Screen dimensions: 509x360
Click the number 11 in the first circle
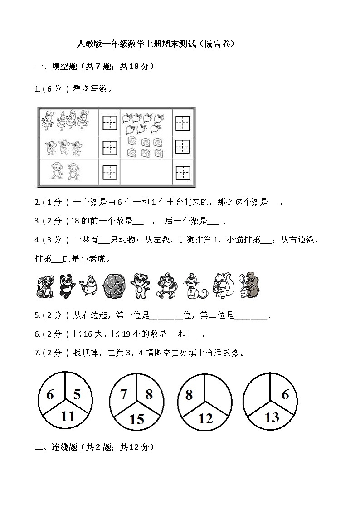coord(68,416)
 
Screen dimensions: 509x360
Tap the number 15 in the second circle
coord(136,419)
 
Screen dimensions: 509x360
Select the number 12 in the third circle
coord(205,418)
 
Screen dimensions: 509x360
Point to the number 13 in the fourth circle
coord(271,417)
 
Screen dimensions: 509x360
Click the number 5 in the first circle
coord(77,394)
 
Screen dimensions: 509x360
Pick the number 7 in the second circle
coord(123,394)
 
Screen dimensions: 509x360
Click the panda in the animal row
coord(67,286)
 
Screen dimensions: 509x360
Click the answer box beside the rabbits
coord(110,122)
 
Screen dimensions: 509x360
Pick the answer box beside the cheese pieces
coord(182,147)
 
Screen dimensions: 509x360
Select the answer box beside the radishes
coord(182,122)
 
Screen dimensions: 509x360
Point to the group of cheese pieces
coord(145,147)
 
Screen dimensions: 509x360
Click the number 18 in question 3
coord(75,221)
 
